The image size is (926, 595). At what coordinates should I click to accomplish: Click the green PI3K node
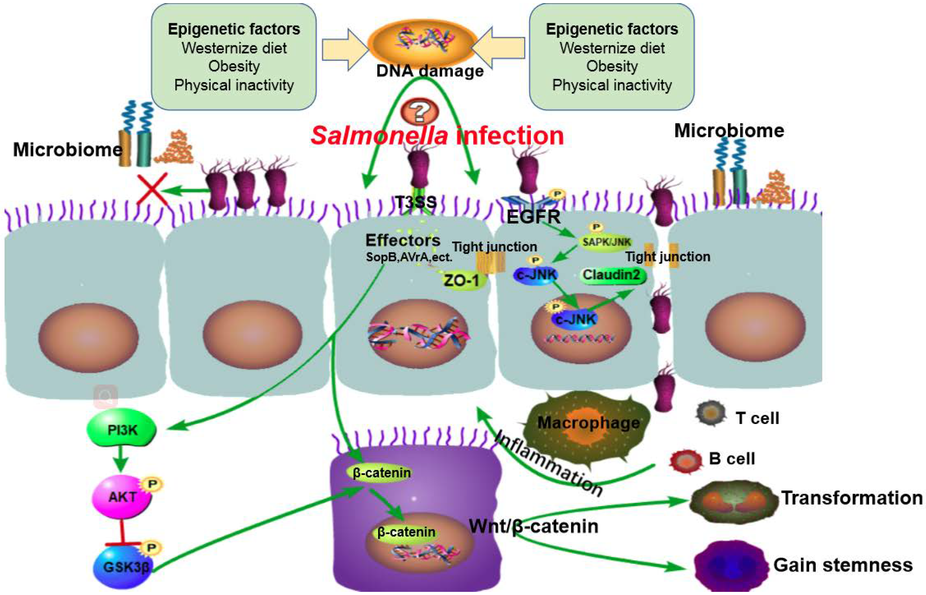tap(122, 430)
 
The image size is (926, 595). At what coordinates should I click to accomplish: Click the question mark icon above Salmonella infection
tap(420, 111)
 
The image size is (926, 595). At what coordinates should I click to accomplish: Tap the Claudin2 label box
tap(611, 275)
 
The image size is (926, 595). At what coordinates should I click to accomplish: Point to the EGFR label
tap(534, 217)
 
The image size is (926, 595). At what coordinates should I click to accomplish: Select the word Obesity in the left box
tap(234, 66)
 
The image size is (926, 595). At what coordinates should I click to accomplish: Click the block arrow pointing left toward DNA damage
tap(498, 48)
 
